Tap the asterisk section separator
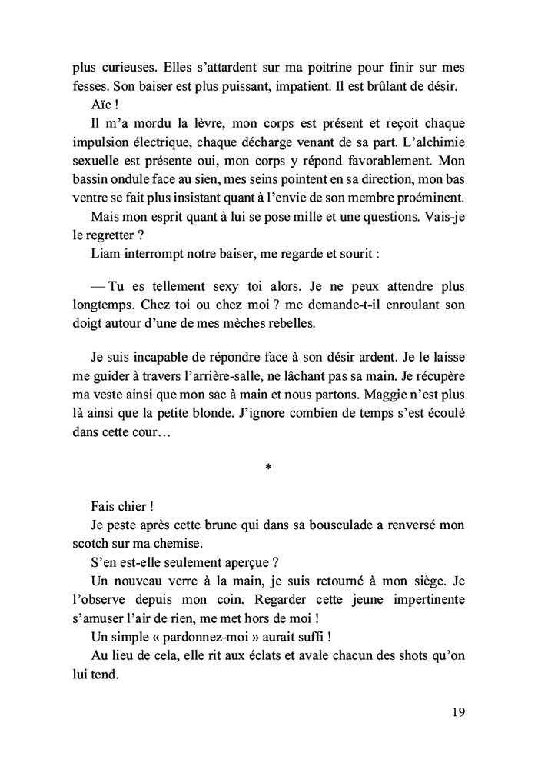tap(267, 467)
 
